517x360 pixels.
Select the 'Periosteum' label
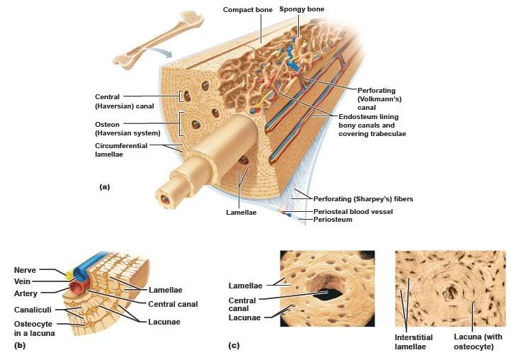coord(334,220)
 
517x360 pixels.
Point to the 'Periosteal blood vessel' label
coord(353,211)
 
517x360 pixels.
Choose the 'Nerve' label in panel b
coord(25,270)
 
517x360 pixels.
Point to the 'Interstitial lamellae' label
coord(414,342)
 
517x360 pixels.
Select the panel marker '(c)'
coord(233,345)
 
